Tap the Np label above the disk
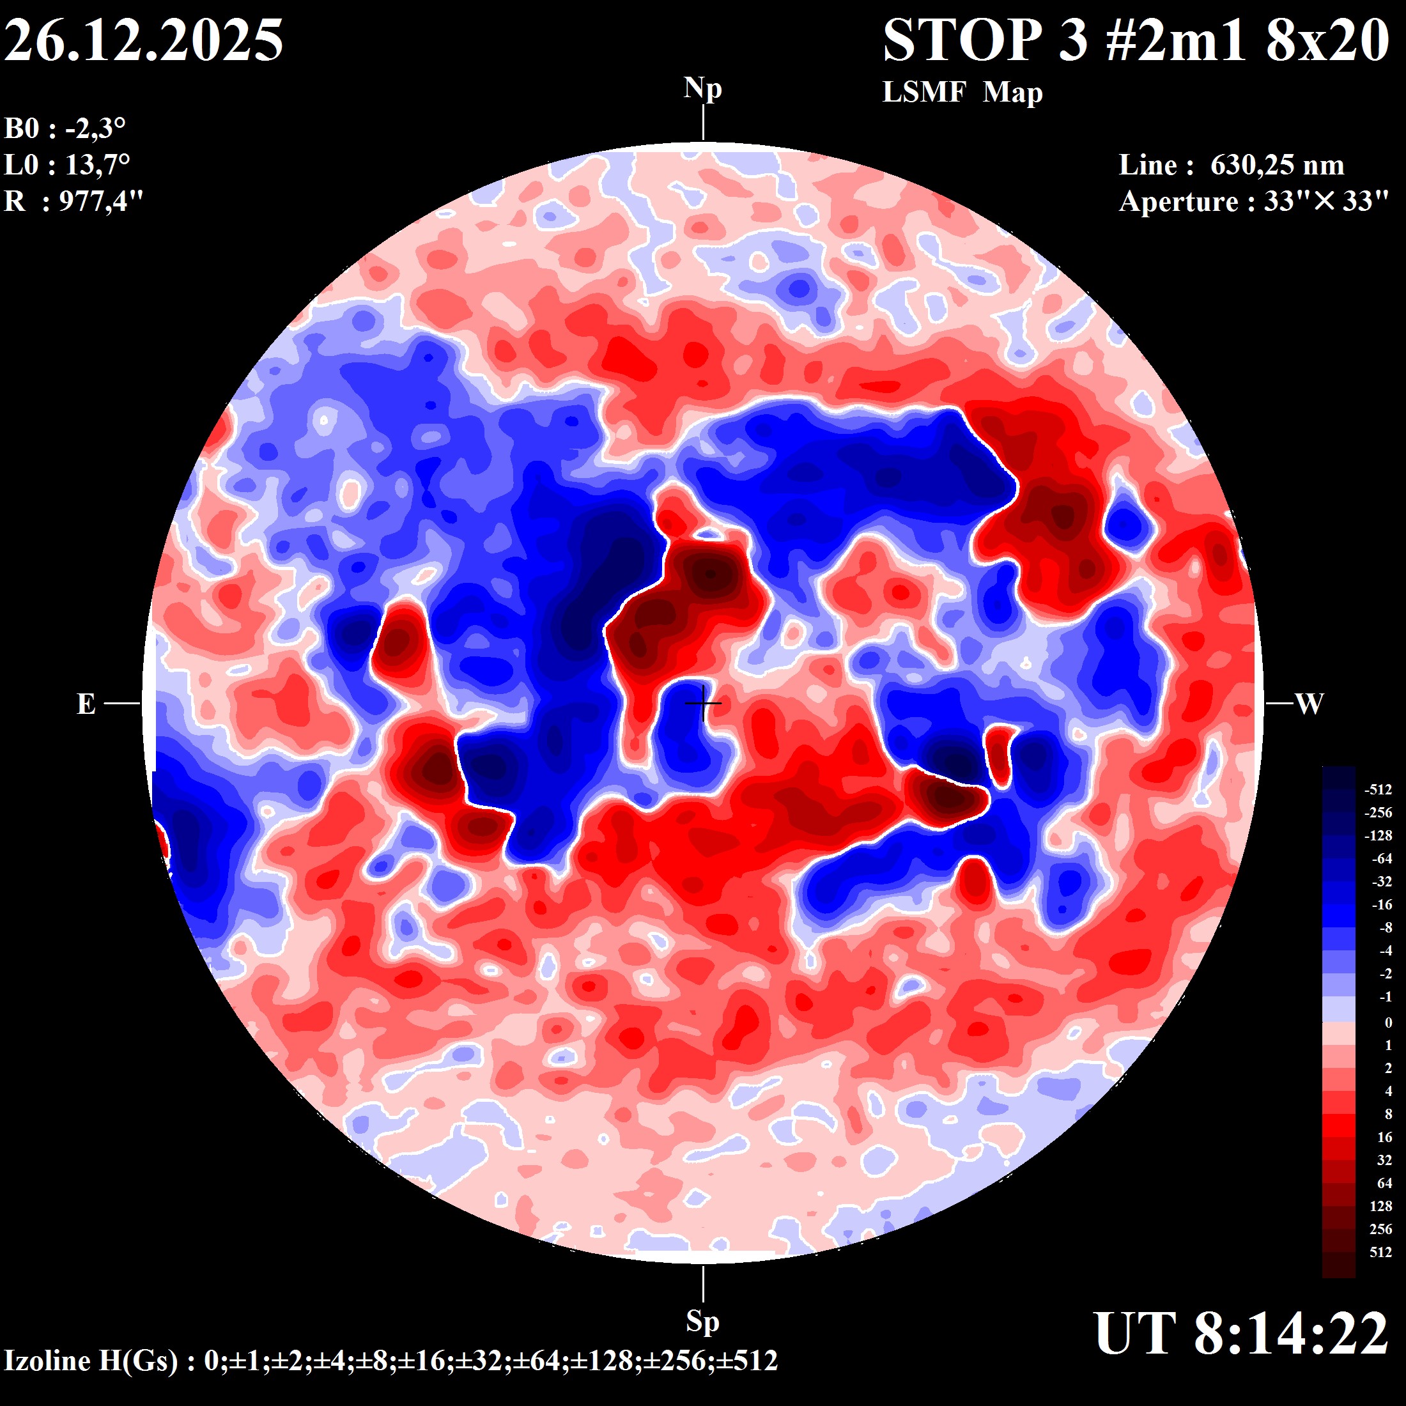(x=702, y=89)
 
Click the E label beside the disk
(x=86, y=704)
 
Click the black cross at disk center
(x=703, y=703)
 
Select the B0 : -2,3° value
(x=65, y=129)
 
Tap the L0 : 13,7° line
(x=67, y=165)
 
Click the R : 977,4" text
(x=73, y=201)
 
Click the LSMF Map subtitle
(x=962, y=93)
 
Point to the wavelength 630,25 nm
(x=1276, y=165)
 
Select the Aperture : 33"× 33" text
(x=1254, y=201)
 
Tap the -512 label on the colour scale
(x=1378, y=790)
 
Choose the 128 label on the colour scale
(x=1380, y=1207)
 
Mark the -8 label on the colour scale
(x=1386, y=928)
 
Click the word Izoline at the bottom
(x=48, y=1360)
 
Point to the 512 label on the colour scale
(x=1380, y=1253)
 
